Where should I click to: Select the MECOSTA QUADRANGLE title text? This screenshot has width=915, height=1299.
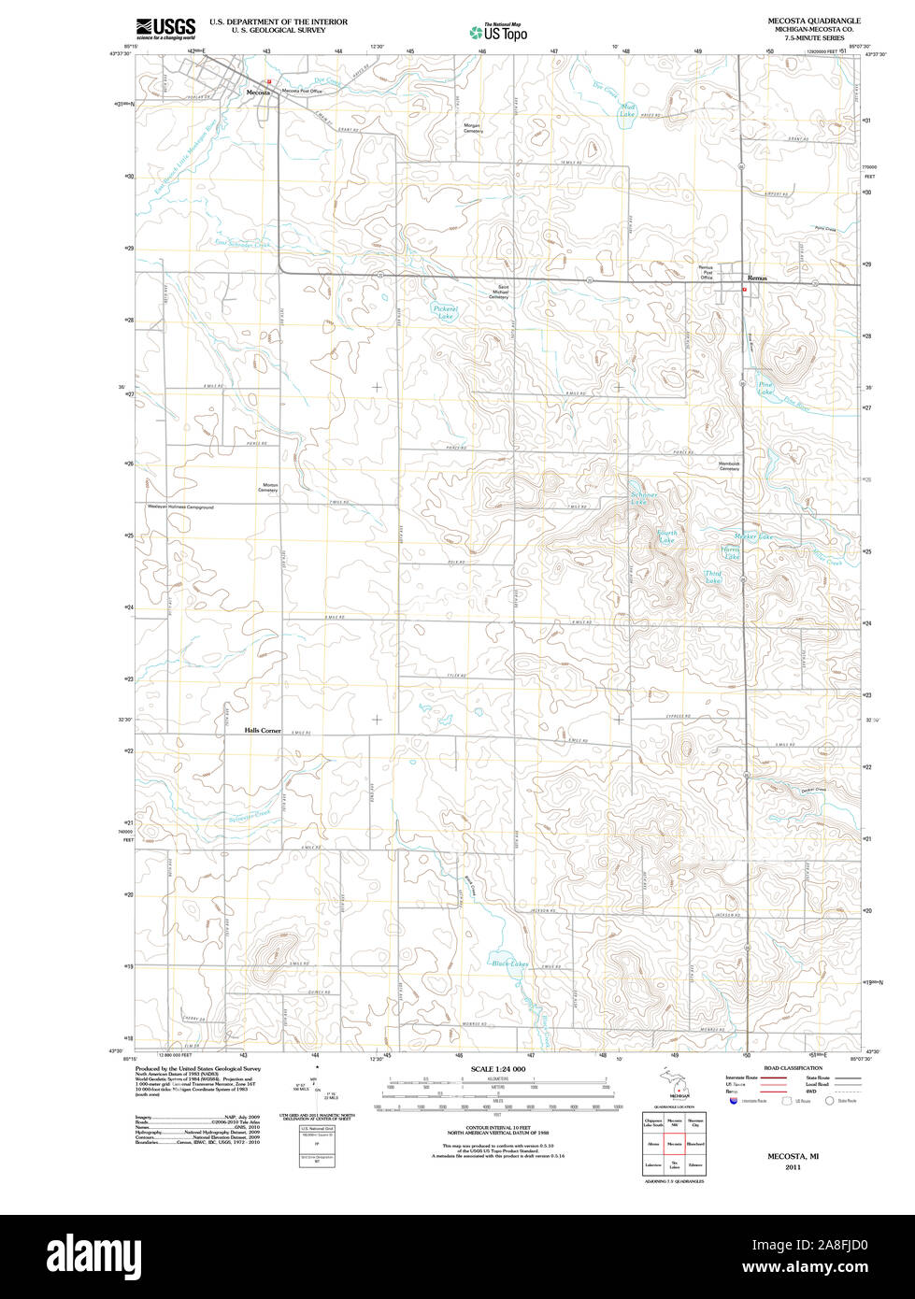[x=808, y=20]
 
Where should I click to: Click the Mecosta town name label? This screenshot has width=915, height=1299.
[x=258, y=93]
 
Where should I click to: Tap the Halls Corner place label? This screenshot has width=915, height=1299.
[x=263, y=730]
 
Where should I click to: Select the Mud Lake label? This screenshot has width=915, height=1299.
[x=628, y=110]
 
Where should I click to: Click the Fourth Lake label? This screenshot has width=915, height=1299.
[x=666, y=536]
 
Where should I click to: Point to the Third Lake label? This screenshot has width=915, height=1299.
[x=713, y=578]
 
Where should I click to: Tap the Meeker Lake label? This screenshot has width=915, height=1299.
[x=753, y=536]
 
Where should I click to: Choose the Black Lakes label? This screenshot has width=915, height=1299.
[x=510, y=963]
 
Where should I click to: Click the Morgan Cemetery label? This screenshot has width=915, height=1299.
[x=474, y=128]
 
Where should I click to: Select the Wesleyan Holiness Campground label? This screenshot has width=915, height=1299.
[x=180, y=507]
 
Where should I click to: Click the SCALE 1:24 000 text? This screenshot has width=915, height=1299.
[x=498, y=1068]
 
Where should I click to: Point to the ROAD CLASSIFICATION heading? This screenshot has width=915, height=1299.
[x=793, y=1067]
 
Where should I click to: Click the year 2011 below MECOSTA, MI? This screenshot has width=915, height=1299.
[x=793, y=1167]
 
